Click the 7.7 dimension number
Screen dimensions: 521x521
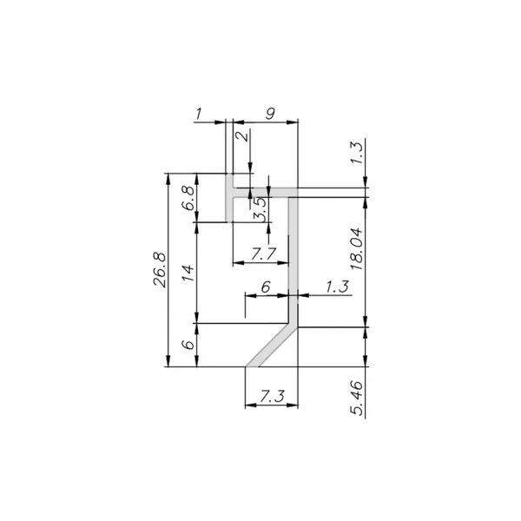pos(263,254)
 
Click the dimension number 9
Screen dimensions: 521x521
pos(270,112)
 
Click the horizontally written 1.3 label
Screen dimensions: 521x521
pos(339,286)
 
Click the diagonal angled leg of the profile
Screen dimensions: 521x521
pos(271,346)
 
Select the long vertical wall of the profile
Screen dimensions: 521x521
pos(293,260)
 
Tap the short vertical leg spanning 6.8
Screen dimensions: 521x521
pos(230,206)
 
